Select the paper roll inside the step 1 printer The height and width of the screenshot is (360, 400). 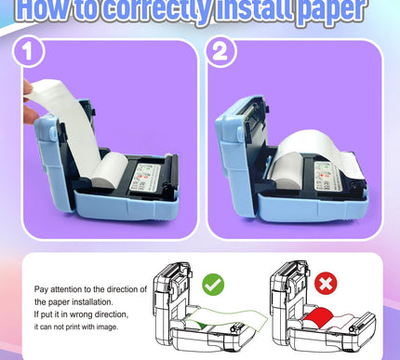click(109, 168)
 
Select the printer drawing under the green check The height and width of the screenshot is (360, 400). click(205, 307)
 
